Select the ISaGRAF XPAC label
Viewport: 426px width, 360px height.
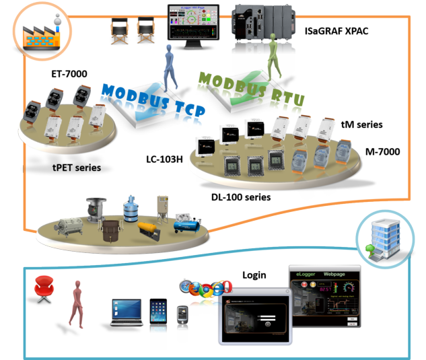[x=336, y=31]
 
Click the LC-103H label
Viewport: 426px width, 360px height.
[x=164, y=159]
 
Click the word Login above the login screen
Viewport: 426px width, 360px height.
[x=254, y=275]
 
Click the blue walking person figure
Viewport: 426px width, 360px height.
[x=166, y=67]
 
